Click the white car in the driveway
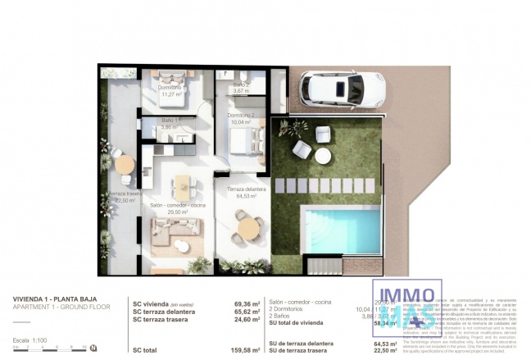point(332,89)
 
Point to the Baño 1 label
point(168,125)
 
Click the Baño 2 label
point(240,89)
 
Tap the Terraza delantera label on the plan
point(242,193)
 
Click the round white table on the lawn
point(323,154)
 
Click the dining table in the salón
point(182,187)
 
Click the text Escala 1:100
point(29,339)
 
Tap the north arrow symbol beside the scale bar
point(94,348)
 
